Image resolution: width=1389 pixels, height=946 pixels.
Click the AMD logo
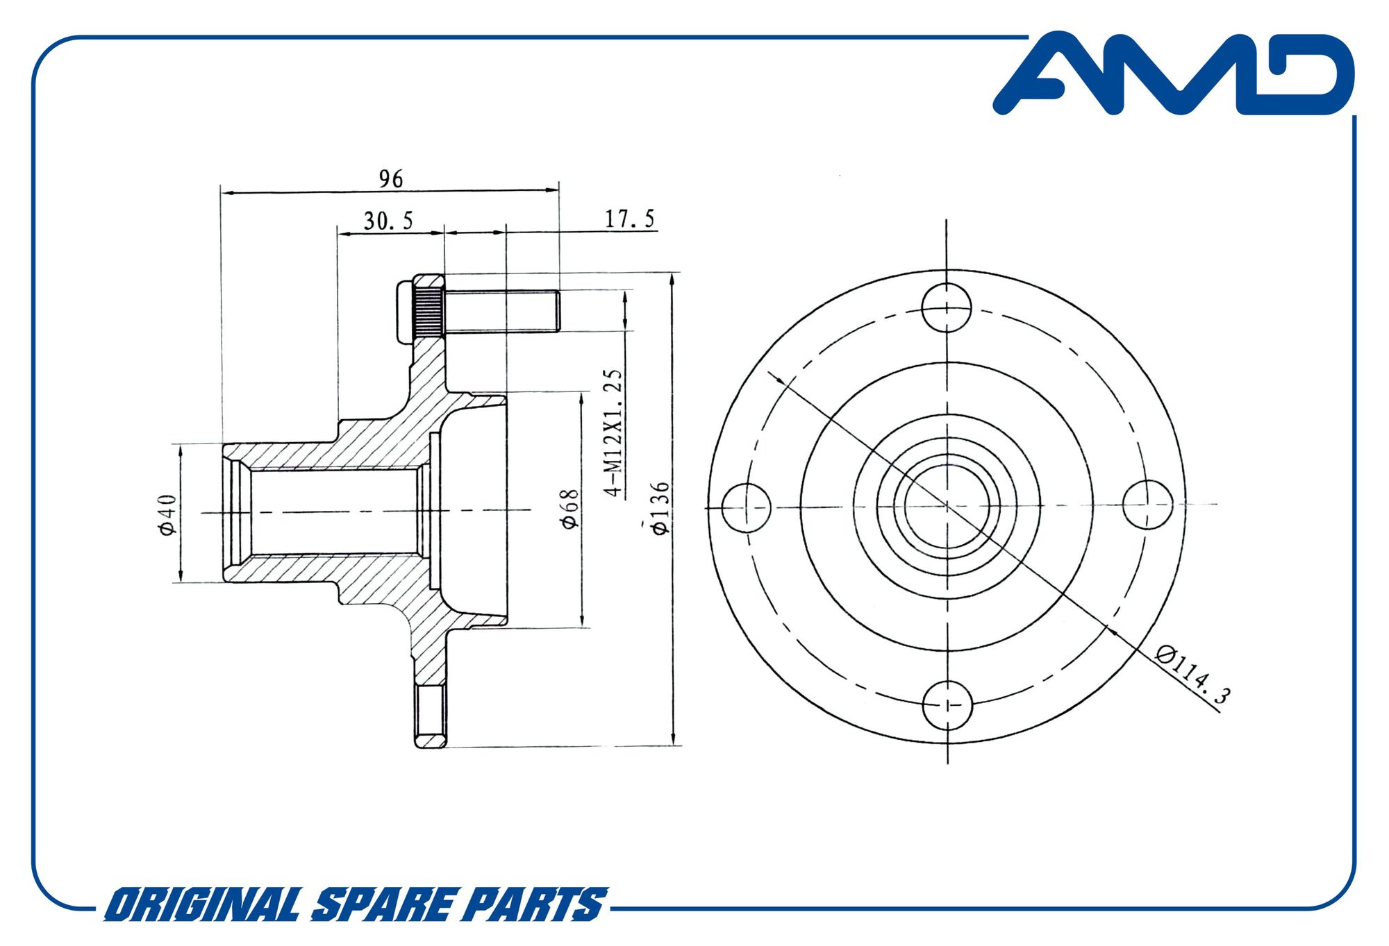(x=1174, y=73)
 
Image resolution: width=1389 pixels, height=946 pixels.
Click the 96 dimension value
(x=391, y=179)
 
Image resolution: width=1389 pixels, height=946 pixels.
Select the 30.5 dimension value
(x=388, y=221)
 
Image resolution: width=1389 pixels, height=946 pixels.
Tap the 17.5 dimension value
(x=630, y=219)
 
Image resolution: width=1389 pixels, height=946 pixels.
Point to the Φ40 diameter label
(x=167, y=514)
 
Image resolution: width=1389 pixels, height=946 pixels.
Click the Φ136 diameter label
(x=660, y=507)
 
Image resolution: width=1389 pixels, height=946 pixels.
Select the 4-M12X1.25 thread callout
(x=613, y=432)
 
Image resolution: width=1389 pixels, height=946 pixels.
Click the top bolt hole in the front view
(x=947, y=307)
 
